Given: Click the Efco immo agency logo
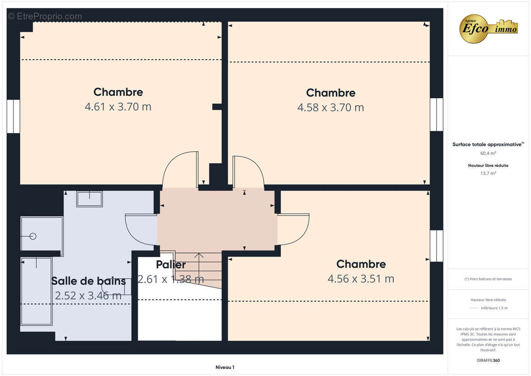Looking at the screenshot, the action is point(488,29).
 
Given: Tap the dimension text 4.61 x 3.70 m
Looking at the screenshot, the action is point(118,107).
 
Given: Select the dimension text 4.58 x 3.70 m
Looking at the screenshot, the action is point(331,108).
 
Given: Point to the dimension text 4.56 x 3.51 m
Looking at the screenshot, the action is point(361,279).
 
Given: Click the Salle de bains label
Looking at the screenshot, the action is point(88,281).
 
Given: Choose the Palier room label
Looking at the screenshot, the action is point(171,265).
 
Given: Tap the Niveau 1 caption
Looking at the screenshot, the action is point(225,367).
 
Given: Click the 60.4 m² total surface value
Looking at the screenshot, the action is point(488,153).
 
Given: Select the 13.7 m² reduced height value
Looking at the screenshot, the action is point(488,173).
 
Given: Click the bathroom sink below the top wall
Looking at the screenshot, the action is point(89,199).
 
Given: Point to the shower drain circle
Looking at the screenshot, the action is point(33,236).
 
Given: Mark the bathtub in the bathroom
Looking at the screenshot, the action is point(36,291).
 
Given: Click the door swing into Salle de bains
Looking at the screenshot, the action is point(141,229).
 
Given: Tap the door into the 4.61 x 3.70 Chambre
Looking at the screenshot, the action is point(180,170).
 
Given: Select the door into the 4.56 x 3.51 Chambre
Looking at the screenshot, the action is point(293,229).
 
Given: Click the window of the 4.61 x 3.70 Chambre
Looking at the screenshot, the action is point(13,116).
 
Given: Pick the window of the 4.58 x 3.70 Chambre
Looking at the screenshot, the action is point(437,115).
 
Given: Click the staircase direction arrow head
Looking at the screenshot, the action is point(199,255).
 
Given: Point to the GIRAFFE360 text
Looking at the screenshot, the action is point(488,360).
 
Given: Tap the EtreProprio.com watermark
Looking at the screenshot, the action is point(45,16).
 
